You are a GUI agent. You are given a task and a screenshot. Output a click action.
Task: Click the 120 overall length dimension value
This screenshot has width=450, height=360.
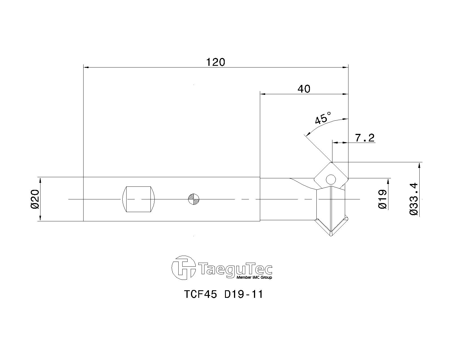click(x=216, y=62)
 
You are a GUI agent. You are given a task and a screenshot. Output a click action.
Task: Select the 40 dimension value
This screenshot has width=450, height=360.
click(x=304, y=89)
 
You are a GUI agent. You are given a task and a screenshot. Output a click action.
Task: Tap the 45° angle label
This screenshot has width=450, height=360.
click(x=323, y=118)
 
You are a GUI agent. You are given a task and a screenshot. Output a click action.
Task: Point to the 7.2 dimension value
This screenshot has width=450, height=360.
click(x=365, y=138)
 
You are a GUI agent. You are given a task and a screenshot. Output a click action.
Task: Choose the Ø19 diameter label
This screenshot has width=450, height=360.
click(x=383, y=199)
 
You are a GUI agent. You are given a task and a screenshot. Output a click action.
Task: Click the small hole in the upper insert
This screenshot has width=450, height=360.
click(x=331, y=179)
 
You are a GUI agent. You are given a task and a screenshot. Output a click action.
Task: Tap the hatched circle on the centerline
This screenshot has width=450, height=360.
click(x=193, y=199)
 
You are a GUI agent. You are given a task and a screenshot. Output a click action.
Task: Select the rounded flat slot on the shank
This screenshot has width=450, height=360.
click(x=139, y=199)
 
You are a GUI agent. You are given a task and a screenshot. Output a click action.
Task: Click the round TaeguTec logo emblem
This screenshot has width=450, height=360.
click(x=184, y=267)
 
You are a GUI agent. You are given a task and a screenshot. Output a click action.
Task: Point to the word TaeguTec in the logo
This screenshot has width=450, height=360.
click(x=235, y=269)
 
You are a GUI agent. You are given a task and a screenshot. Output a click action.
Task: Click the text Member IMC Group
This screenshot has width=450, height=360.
click(x=254, y=278)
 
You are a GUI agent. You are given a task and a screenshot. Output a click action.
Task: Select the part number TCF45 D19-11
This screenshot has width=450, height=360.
click(x=223, y=294)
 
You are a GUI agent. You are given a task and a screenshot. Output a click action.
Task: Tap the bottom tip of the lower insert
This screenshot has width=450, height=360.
click(x=331, y=236)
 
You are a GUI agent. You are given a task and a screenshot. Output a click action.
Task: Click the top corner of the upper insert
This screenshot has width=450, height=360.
click(x=332, y=162)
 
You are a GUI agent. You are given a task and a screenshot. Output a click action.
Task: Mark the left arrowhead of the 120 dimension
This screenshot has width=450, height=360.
click(x=86, y=67)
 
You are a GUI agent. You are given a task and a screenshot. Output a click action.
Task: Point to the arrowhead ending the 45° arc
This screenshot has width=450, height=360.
click(x=307, y=134)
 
